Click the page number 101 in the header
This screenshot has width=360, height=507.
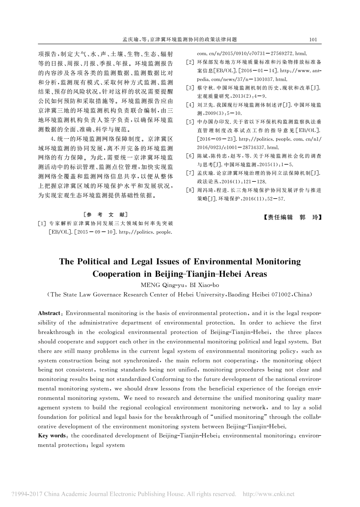[313, 39]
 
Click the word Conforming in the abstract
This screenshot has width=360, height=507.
[166, 379]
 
